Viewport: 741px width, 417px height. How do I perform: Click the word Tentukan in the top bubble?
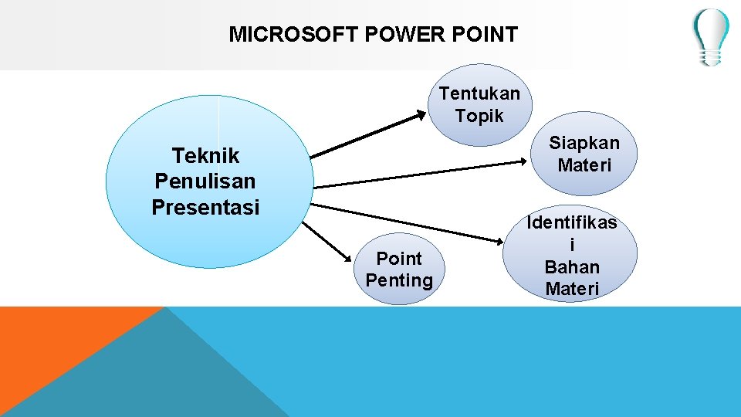[x=479, y=93]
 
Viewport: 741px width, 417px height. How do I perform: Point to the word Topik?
[x=479, y=116]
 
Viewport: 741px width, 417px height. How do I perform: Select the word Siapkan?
[x=584, y=143]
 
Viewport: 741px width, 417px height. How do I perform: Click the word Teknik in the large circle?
[x=206, y=156]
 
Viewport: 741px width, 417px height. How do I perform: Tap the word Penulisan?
[x=205, y=181]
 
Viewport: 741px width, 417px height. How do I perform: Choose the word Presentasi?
[x=205, y=207]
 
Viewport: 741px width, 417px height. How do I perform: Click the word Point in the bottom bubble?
[x=399, y=258]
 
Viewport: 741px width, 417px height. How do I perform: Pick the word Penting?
[x=399, y=280]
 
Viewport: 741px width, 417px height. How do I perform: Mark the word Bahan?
[x=572, y=267]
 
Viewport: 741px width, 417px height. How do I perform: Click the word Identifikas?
[x=572, y=223]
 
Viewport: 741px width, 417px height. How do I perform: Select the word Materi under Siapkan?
[x=584, y=165]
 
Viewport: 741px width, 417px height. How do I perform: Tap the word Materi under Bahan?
[x=572, y=289]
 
